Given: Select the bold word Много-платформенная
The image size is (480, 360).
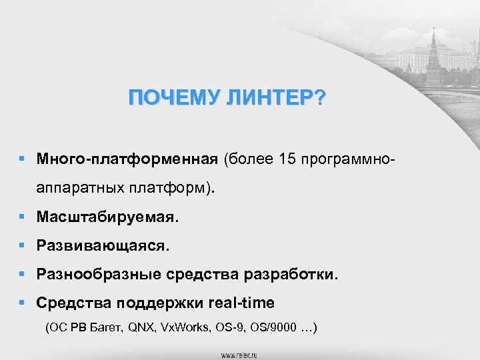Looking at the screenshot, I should [x=127, y=160].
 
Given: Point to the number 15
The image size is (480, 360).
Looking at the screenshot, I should [x=287, y=160].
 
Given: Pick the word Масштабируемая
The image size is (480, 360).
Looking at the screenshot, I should [x=108, y=217].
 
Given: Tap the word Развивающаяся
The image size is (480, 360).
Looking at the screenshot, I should [x=103, y=246].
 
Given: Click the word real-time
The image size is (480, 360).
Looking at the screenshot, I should [x=241, y=303].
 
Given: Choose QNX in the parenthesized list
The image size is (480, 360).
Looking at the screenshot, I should [x=141, y=328].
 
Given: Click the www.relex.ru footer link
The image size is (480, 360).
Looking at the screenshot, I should [x=240, y=353].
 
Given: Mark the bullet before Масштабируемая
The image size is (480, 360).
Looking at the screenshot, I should [x=23, y=217].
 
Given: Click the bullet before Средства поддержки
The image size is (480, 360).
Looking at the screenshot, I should [x=23, y=303].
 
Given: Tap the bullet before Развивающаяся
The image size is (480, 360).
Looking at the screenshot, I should [x=23, y=246].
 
